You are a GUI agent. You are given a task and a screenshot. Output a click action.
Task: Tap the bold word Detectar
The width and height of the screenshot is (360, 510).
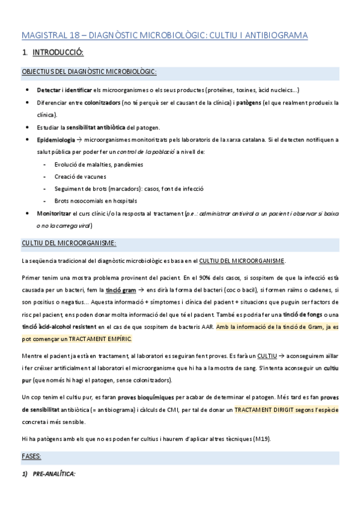48,90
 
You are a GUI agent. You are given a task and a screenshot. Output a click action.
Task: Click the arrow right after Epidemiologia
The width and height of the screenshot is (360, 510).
79,140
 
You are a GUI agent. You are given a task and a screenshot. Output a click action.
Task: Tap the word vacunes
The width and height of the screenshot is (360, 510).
94,176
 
